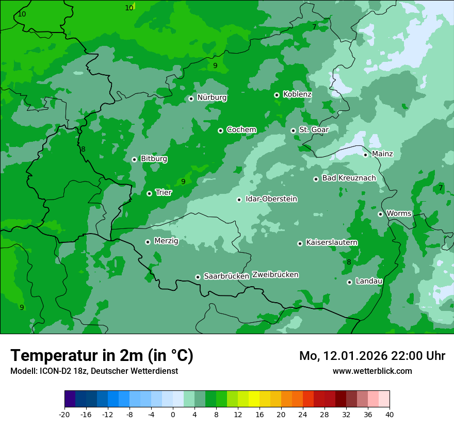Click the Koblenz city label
coord(297,94)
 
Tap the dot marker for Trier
coord(149,193)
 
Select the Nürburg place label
coord(212,97)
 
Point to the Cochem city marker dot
coord(220,130)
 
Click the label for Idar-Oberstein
coord(271,199)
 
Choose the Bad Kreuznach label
coord(349,178)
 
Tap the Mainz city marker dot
coord(365,155)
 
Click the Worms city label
coord(399,213)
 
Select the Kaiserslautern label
coord(332,242)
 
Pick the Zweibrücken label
coord(275,274)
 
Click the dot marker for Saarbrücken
coord(198,277)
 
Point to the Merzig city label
coord(166,241)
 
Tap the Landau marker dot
coord(349,282)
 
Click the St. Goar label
coord(314,129)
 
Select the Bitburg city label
coord(154,159)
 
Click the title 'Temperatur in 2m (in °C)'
coord(102,355)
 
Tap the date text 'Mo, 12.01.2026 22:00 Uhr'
coord(372,356)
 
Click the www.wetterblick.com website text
coord(372,371)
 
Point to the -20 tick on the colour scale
coord(64,415)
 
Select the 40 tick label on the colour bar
coord(390,415)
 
